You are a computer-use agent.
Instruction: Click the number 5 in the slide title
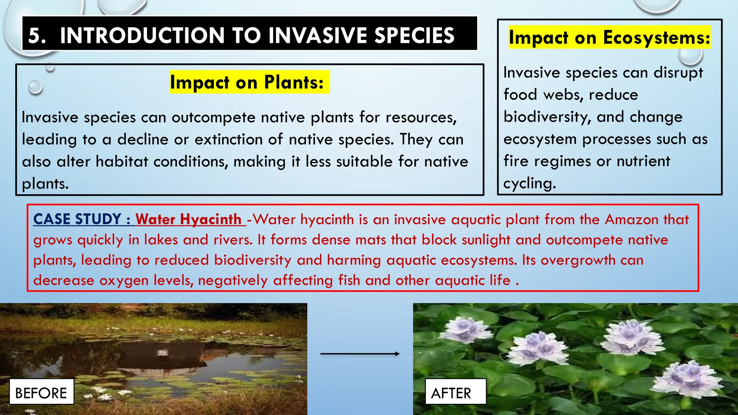[x=36, y=35]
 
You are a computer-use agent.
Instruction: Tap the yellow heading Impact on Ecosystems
[x=609, y=37]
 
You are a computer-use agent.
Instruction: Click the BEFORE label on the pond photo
[x=41, y=392]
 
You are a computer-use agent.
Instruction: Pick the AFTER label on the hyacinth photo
[x=451, y=393]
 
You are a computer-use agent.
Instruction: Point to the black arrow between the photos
[x=360, y=354]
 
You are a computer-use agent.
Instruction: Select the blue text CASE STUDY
[x=77, y=219]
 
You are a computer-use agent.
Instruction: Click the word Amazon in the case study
[x=631, y=219]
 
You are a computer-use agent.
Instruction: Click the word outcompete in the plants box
[x=213, y=117]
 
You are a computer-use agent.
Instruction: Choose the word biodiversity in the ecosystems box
[x=547, y=117]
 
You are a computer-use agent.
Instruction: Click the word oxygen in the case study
[x=124, y=281]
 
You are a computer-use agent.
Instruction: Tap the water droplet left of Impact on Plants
[x=35, y=87]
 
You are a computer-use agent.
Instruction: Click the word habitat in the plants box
[x=122, y=161]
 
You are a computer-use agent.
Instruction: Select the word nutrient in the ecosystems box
[x=643, y=161]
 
